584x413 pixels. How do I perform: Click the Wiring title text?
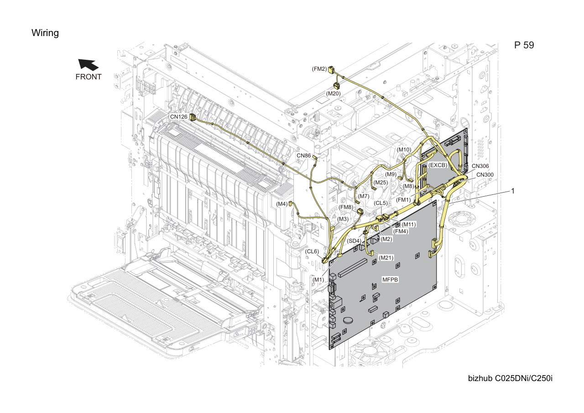click(x=45, y=33)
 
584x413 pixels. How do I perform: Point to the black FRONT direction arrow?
click(x=88, y=65)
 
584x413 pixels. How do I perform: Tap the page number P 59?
click(x=524, y=45)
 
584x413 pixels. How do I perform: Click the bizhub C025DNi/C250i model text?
click(x=510, y=378)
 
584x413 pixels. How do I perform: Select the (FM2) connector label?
click(x=319, y=69)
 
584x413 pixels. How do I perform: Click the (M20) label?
click(x=333, y=94)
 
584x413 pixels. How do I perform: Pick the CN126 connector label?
click(x=178, y=117)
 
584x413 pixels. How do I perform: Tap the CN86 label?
click(x=304, y=156)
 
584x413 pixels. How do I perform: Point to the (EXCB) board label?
click(x=438, y=165)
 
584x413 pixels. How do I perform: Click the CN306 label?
click(x=480, y=166)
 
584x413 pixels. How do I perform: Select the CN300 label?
click(x=485, y=175)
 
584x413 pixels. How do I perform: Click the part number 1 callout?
click(x=513, y=191)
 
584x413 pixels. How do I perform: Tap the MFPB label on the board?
click(x=390, y=279)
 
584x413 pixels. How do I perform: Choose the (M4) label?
click(x=282, y=204)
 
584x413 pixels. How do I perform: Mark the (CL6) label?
click(x=312, y=251)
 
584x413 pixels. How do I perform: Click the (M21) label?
click(x=386, y=257)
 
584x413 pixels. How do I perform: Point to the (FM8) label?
click(x=346, y=207)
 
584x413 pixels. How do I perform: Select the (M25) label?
click(x=381, y=183)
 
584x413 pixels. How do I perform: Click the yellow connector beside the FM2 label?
click(x=331, y=69)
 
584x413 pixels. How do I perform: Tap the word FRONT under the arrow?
click(x=89, y=77)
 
